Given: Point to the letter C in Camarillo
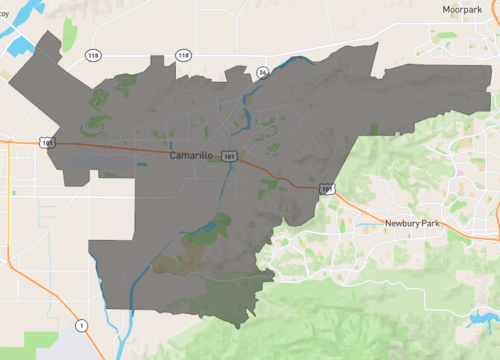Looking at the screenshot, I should coord(173,156).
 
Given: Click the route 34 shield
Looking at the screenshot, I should coord(262,72).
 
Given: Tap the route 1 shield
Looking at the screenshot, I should coord(82,325).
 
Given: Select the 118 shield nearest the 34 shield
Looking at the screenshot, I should coord(184,55).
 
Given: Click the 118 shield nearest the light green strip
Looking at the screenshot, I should coord(92,55).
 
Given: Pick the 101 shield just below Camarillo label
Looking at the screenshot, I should coord(231,158).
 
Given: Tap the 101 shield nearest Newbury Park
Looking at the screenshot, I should coord(328,188).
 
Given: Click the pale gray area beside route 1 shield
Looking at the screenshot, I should coord(74,340).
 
